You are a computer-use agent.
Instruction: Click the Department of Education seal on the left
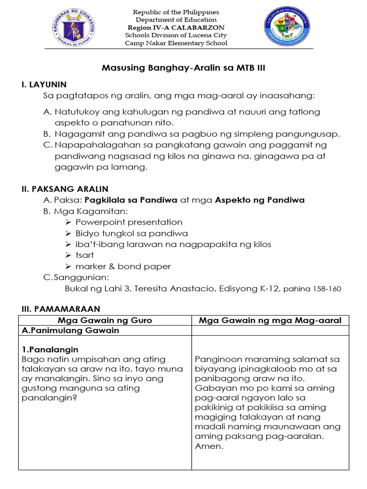pyautogui.click(x=73, y=28)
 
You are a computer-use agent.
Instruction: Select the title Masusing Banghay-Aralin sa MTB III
pyautogui.click(x=183, y=68)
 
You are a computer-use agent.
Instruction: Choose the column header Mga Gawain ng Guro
pyautogui.click(x=105, y=320)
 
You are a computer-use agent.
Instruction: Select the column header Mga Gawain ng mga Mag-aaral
pyautogui.click(x=270, y=320)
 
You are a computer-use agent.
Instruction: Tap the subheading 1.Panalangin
pyautogui.click(x=50, y=350)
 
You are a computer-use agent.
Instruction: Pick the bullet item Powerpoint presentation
pyautogui.click(x=129, y=222)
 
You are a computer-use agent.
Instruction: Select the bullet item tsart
pyautogui.click(x=85, y=255)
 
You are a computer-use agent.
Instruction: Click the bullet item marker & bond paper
pyautogui.click(x=123, y=266)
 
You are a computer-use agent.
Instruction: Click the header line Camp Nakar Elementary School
pyautogui.click(x=176, y=43)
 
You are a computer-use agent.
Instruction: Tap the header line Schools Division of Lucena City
pyautogui.click(x=176, y=35)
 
